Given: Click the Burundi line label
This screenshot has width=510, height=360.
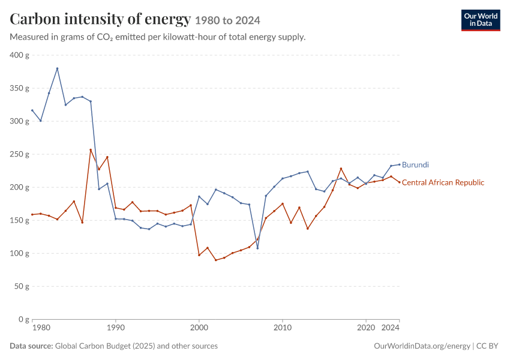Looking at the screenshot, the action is (x=415, y=165).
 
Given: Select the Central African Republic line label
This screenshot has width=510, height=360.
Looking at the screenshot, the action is (x=443, y=182).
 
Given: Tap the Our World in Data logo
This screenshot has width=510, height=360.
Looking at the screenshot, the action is (x=481, y=20).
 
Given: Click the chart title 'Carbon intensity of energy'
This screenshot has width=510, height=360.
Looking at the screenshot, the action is (x=100, y=20).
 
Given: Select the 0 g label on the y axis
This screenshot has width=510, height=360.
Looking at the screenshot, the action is (x=24, y=319).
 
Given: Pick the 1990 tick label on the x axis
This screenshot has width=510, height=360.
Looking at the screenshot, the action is (x=115, y=328).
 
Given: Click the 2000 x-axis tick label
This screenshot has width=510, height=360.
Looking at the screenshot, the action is (x=199, y=328).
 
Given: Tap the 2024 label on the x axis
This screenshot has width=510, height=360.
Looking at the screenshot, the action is (x=391, y=328).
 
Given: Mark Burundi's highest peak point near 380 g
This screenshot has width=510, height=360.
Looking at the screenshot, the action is (x=57, y=68).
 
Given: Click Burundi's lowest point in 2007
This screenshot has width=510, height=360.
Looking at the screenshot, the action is (x=257, y=248).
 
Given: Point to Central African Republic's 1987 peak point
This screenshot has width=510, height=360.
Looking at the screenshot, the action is (x=91, y=149).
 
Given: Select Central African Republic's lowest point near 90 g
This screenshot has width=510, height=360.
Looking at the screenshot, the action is (x=215, y=260).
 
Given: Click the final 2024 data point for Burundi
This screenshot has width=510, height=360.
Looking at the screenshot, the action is (x=400, y=164).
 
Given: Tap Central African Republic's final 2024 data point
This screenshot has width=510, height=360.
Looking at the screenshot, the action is (x=400, y=182).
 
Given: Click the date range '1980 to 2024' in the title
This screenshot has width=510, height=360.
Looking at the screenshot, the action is (x=227, y=21).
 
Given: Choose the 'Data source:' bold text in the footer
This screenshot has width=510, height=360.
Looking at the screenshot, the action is (x=31, y=346).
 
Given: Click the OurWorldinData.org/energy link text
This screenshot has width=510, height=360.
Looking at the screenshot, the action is (x=422, y=346).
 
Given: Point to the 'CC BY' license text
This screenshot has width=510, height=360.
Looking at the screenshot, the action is (x=487, y=346).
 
